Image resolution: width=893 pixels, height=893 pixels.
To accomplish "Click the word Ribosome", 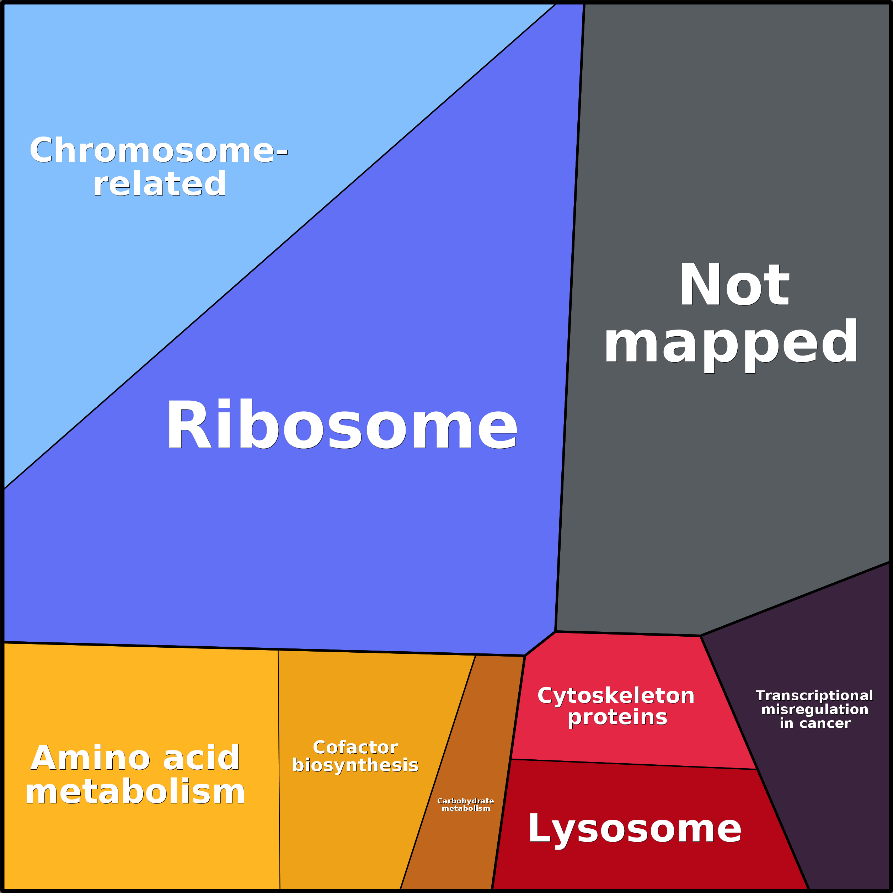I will tap(341, 425).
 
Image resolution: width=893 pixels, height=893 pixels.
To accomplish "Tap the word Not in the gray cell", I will tap(734, 285).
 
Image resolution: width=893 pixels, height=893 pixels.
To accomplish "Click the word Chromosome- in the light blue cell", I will tap(159, 151).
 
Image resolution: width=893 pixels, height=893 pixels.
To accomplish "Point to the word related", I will tap(160, 184).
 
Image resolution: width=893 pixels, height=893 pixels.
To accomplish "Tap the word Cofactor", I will tap(355, 747).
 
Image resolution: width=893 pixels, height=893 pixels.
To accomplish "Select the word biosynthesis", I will tap(355, 765).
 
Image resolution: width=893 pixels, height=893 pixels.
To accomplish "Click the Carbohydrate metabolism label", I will tap(465, 804).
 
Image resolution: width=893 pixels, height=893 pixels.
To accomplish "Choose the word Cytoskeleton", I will tap(616, 696).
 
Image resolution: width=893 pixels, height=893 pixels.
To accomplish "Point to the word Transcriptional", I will tap(814, 695).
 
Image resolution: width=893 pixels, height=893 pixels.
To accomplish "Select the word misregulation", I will tap(814, 709).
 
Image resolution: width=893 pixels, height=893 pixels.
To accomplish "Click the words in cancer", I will tap(814, 723).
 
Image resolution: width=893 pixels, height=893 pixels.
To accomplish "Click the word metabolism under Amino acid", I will tap(135, 792).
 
